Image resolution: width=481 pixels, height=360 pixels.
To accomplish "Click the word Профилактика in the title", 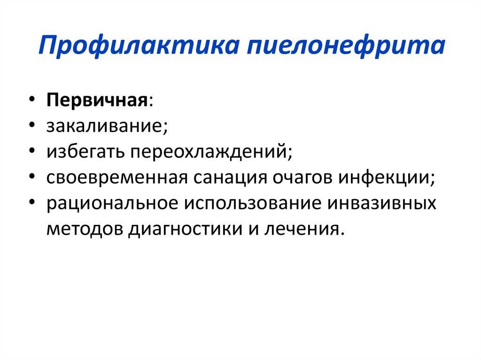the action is [x=139, y=46].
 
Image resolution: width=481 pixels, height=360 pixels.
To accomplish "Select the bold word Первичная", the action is [x=97, y=100].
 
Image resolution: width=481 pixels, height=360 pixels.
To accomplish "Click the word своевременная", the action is [x=117, y=177].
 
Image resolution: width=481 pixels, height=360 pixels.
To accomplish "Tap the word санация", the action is [x=230, y=178].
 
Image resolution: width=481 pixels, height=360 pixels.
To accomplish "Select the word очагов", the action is [x=303, y=177].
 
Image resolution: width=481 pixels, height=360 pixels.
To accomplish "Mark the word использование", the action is [x=253, y=203].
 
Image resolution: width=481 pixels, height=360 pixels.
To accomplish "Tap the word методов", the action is [x=84, y=229].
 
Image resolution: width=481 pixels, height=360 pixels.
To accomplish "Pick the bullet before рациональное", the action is [x=32, y=202].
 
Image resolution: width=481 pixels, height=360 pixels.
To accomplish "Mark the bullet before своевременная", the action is [x=32, y=176].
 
